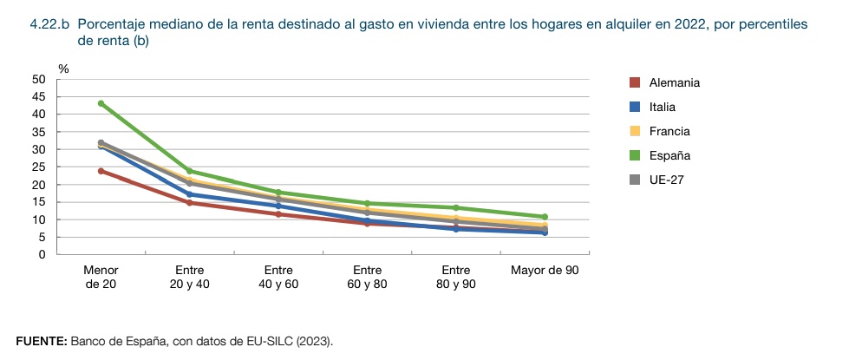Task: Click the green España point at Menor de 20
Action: pyautogui.click(x=101, y=103)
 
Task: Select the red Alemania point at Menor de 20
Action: pyautogui.click(x=101, y=171)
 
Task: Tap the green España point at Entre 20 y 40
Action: pyautogui.click(x=190, y=171)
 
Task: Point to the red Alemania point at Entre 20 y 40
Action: pyautogui.click(x=190, y=203)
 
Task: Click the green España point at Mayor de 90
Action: pyautogui.click(x=545, y=217)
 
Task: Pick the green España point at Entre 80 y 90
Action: pyautogui.click(x=456, y=207)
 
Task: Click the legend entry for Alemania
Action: pyautogui.click(x=674, y=82)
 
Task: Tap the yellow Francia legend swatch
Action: pyautogui.click(x=634, y=131)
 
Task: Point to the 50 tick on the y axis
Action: pyautogui.click(x=38, y=79)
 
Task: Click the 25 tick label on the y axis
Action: pyautogui.click(x=38, y=167)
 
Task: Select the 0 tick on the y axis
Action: pyautogui.click(x=42, y=255)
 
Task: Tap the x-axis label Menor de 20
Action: pyautogui.click(x=101, y=277)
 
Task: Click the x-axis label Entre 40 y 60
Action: pyautogui.click(x=278, y=277)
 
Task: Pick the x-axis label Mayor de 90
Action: pyautogui.click(x=545, y=271)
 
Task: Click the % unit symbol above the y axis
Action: pyautogui.click(x=63, y=68)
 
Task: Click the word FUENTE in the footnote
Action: pyautogui.click(x=41, y=341)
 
